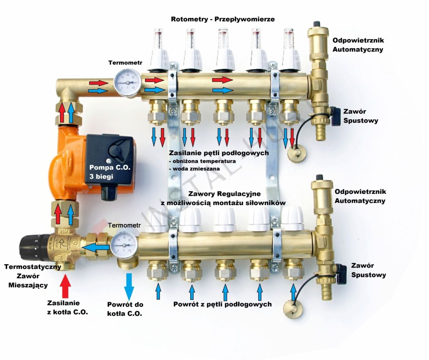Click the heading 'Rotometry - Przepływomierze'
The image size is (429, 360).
[x=223, y=19]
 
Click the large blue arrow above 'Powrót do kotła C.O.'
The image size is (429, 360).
[x=128, y=286]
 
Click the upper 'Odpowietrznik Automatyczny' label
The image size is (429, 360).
[x=358, y=45]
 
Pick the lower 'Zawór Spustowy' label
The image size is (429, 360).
[x=368, y=271]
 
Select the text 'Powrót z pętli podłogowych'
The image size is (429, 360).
[x=222, y=305]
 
